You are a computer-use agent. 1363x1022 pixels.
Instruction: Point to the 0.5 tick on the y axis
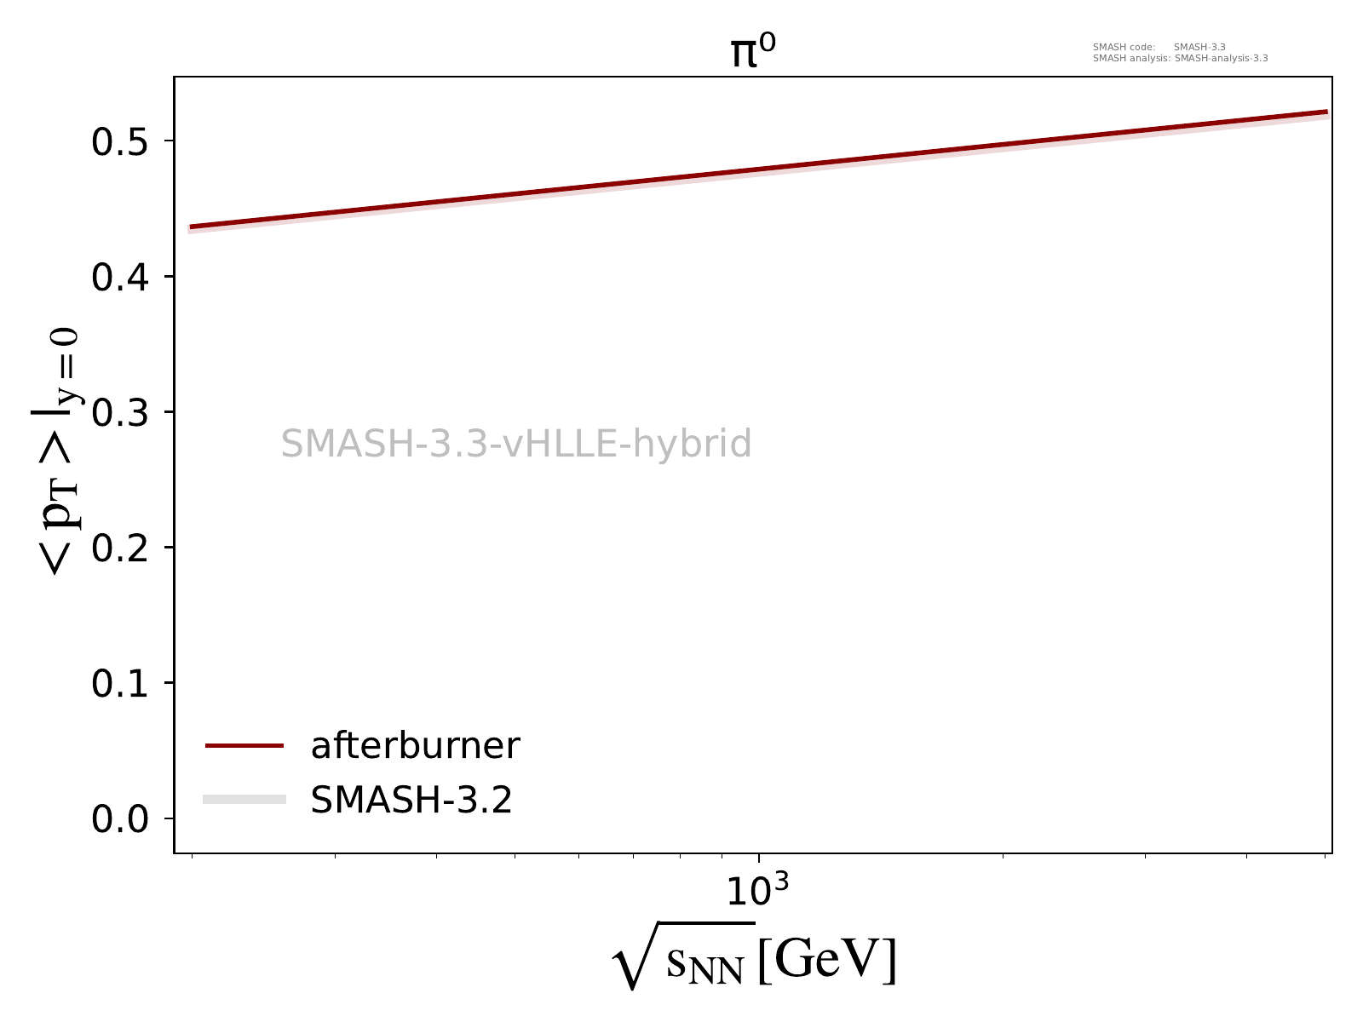tap(120, 141)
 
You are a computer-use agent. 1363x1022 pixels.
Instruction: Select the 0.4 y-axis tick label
tap(120, 277)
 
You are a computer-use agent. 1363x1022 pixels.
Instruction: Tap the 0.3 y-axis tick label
tap(120, 412)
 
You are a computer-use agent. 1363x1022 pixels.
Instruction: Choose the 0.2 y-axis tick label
tap(120, 548)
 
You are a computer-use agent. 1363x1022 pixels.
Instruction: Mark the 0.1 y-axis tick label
tap(120, 683)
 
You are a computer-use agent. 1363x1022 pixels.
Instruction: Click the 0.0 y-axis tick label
tap(120, 818)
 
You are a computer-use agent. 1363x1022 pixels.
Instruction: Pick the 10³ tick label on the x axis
tap(757, 891)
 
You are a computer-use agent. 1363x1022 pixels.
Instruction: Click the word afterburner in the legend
tap(415, 746)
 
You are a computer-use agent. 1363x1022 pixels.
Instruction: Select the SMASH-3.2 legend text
tap(411, 800)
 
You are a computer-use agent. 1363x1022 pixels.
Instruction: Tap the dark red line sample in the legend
tap(244, 746)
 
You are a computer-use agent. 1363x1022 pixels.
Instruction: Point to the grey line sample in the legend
tap(244, 799)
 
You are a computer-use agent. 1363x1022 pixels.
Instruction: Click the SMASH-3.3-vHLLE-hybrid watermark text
tap(516, 444)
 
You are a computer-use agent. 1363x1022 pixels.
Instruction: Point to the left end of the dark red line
tap(191, 227)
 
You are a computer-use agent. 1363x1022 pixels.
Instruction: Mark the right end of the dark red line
tap(1327, 112)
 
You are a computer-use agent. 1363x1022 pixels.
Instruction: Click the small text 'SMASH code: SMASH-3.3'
tap(1159, 48)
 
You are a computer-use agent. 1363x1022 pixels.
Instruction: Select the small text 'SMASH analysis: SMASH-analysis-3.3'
tap(1180, 59)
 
